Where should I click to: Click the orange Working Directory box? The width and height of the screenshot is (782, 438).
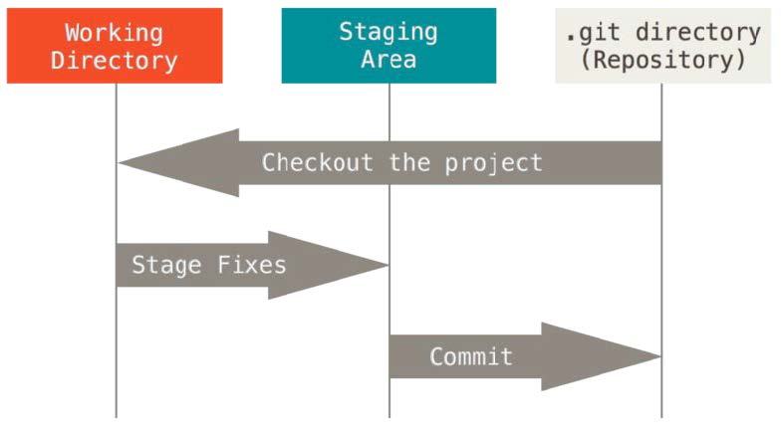click(x=115, y=46)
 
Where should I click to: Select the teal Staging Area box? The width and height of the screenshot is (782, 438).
click(x=389, y=46)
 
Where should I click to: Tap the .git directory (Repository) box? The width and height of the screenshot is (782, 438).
click(x=662, y=46)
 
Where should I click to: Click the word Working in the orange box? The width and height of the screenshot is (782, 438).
click(x=115, y=32)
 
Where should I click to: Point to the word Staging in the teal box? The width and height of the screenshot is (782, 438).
click(x=389, y=32)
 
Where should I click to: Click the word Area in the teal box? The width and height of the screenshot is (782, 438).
click(x=389, y=60)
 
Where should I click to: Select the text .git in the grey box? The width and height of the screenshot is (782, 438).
click(x=588, y=32)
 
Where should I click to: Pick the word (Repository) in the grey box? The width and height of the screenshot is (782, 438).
click(x=662, y=60)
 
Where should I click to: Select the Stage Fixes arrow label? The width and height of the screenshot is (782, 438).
click(x=209, y=266)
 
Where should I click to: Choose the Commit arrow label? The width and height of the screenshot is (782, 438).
click(x=471, y=356)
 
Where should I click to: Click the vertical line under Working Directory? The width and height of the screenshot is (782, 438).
click(x=116, y=388)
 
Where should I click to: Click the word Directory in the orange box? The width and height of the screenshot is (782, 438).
click(x=115, y=60)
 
